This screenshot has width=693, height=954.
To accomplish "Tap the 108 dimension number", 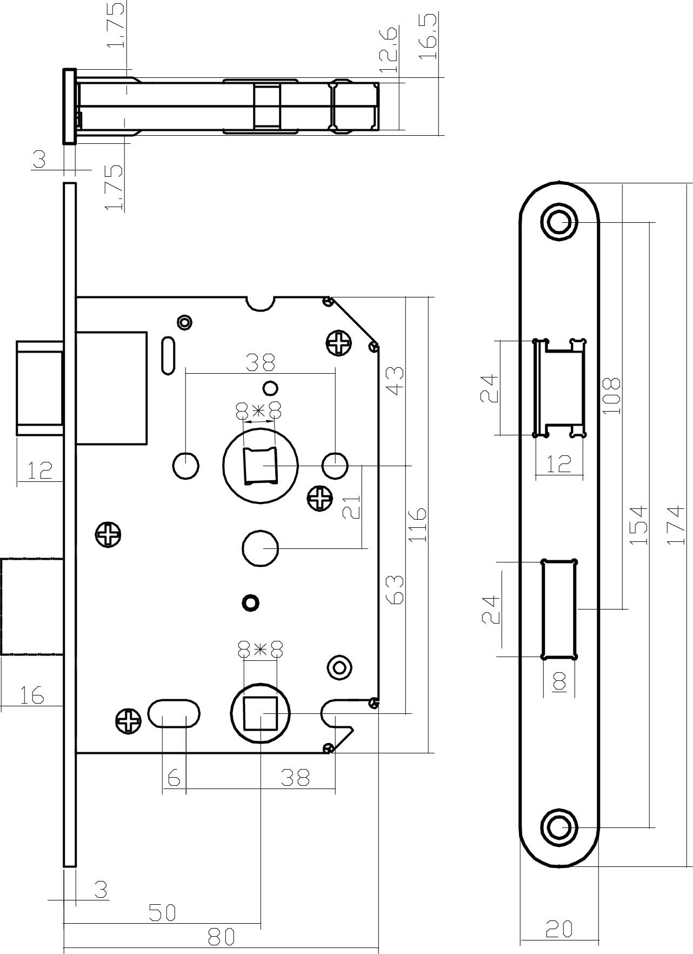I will pos(611,396).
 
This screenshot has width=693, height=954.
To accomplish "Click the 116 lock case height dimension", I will pos(418,525).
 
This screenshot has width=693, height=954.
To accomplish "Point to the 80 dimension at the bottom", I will pos(221,937).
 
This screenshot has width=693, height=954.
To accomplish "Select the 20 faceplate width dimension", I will pos(559,929).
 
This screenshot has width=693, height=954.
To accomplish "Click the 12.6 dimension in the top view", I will pos(388,51).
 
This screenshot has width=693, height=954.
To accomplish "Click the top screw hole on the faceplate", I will pos(559,222).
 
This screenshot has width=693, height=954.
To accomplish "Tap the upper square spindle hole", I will pos(260,466).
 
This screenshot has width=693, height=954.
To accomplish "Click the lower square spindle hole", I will pos(261,714).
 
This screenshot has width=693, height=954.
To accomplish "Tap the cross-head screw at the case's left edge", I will pos(108,535).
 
